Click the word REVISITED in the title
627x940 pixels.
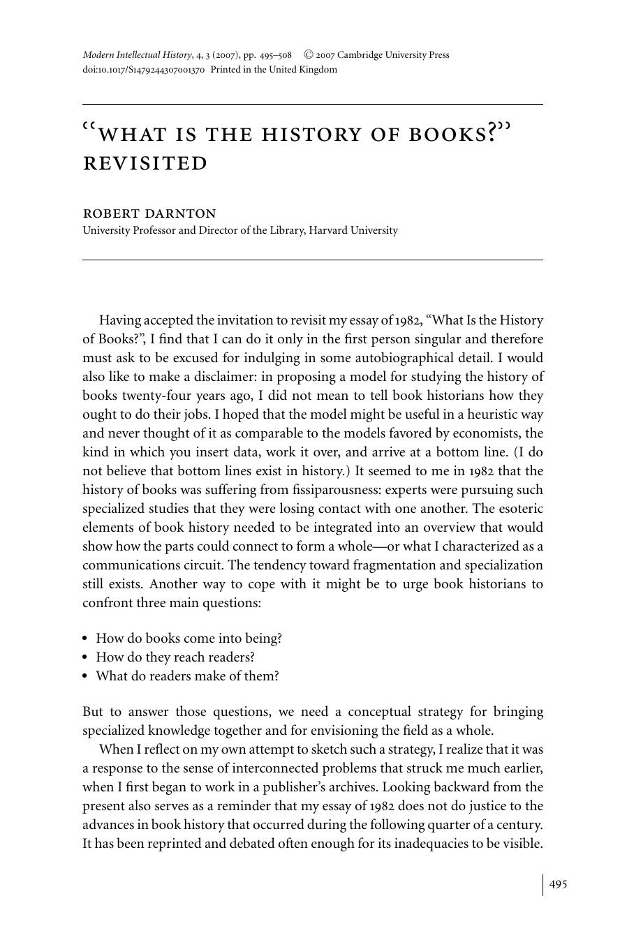(x=145, y=163)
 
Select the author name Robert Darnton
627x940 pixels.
(x=149, y=214)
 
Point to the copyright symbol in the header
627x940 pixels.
(x=308, y=55)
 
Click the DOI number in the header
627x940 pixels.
(x=143, y=70)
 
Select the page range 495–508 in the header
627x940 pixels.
(x=275, y=55)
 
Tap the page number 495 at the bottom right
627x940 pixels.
(x=558, y=884)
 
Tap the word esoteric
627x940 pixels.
(x=517, y=509)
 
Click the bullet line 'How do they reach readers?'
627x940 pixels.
(x=175, y=657)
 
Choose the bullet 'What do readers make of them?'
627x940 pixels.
(x=187, y=676)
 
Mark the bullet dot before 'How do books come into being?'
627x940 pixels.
(x=86, y=639)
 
